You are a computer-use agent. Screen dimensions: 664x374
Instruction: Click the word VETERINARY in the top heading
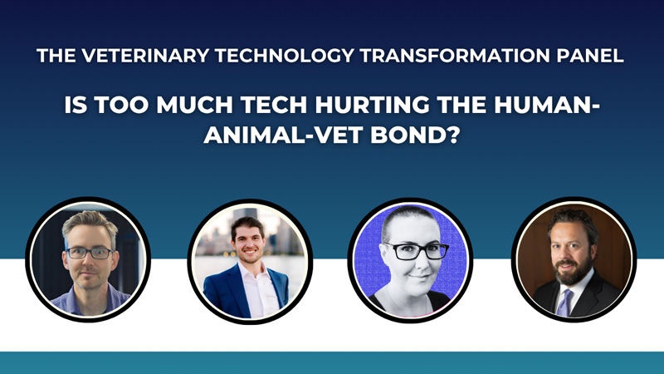click(x=145, y=56)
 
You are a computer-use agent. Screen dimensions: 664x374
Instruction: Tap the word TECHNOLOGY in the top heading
click(x=285, y=56)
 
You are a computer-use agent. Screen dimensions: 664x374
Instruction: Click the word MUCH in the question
click(x=194, y=105)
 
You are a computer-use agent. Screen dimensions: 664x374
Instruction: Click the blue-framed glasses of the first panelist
click(x=90, y=253)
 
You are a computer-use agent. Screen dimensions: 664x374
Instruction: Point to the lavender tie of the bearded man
click(x=564, y=303)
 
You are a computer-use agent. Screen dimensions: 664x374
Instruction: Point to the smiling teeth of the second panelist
click(x=250, y=252)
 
